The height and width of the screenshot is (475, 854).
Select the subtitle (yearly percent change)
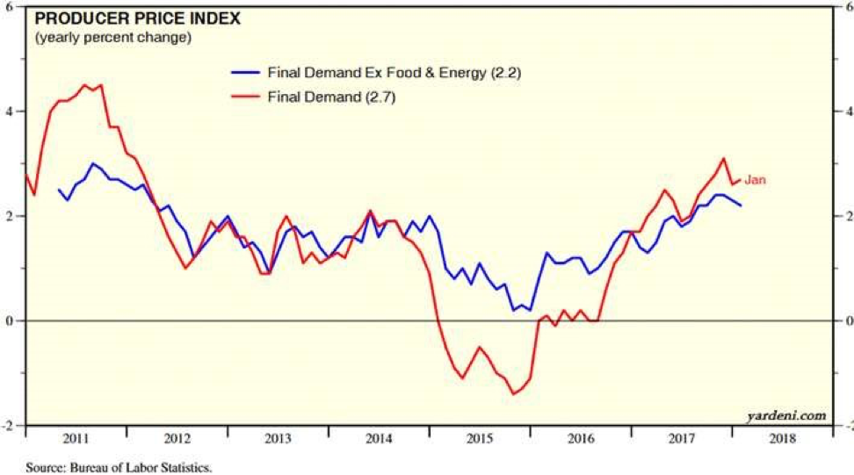[x=112, y=38]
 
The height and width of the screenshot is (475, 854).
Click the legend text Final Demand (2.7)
[x=331, y=98]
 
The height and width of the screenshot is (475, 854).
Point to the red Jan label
[x=756, y=180]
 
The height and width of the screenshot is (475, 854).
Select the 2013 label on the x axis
[x=278, y=438]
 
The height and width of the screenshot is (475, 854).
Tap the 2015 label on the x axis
[x=479, y=438]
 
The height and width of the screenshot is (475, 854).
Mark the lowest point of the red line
[x=513, y=394]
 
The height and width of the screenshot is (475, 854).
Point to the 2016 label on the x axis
[x=581, y=438]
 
